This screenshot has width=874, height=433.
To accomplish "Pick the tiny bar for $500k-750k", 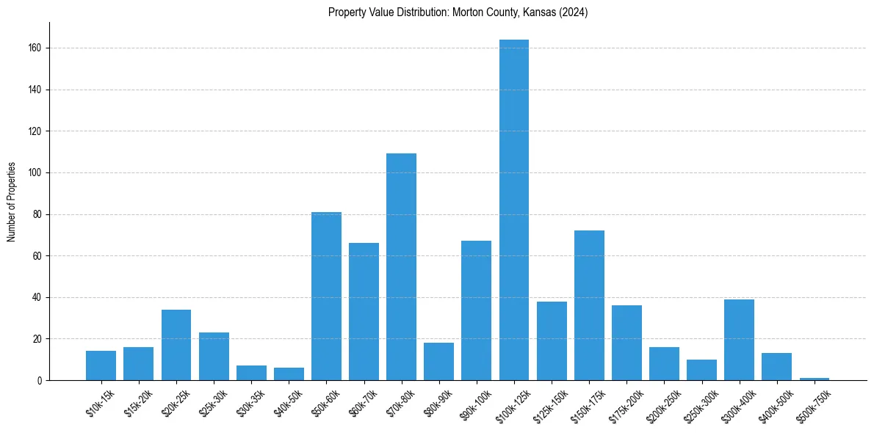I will pos(815,379).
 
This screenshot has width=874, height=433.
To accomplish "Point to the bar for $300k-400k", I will pos(739,340).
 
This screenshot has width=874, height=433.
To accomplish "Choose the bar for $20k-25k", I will pos(176,345).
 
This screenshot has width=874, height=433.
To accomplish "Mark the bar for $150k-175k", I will pos(589,305).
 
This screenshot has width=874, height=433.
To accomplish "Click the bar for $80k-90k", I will pos(438,361).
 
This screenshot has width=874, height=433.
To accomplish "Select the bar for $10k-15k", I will pos(101,365).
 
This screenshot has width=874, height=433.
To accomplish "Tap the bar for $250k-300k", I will pos(701,370).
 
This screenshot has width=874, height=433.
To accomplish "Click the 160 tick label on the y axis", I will pos(35,48).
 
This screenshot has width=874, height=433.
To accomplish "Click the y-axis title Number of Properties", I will pos(12,202).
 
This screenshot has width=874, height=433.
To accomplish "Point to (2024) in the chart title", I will pos(573,12).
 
